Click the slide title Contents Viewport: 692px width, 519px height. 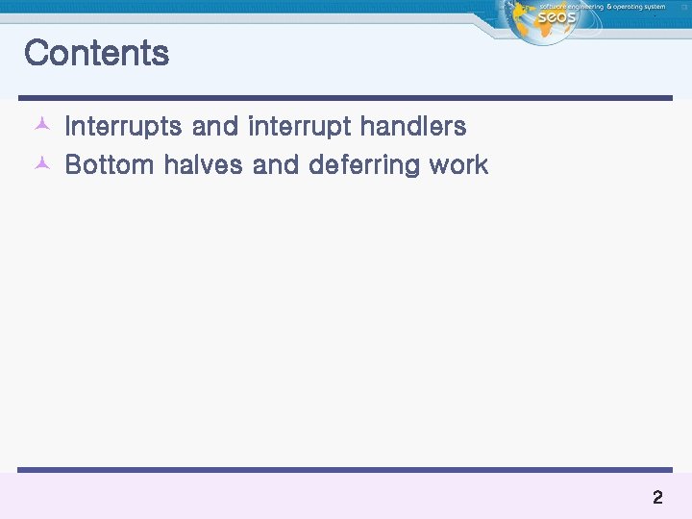click(96, 53)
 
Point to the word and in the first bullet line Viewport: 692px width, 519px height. click(214, 127)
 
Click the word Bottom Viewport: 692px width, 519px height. click(109, 165)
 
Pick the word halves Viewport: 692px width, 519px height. click(203, 165)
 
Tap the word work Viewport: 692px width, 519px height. click(458, 165)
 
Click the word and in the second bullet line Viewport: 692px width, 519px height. click(275, 165)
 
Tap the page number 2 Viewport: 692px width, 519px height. click(657, 498)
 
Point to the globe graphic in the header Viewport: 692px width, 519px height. click(525, 23)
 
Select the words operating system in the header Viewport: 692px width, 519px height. click(640, 7)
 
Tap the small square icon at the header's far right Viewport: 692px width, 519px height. click(683, 6)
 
